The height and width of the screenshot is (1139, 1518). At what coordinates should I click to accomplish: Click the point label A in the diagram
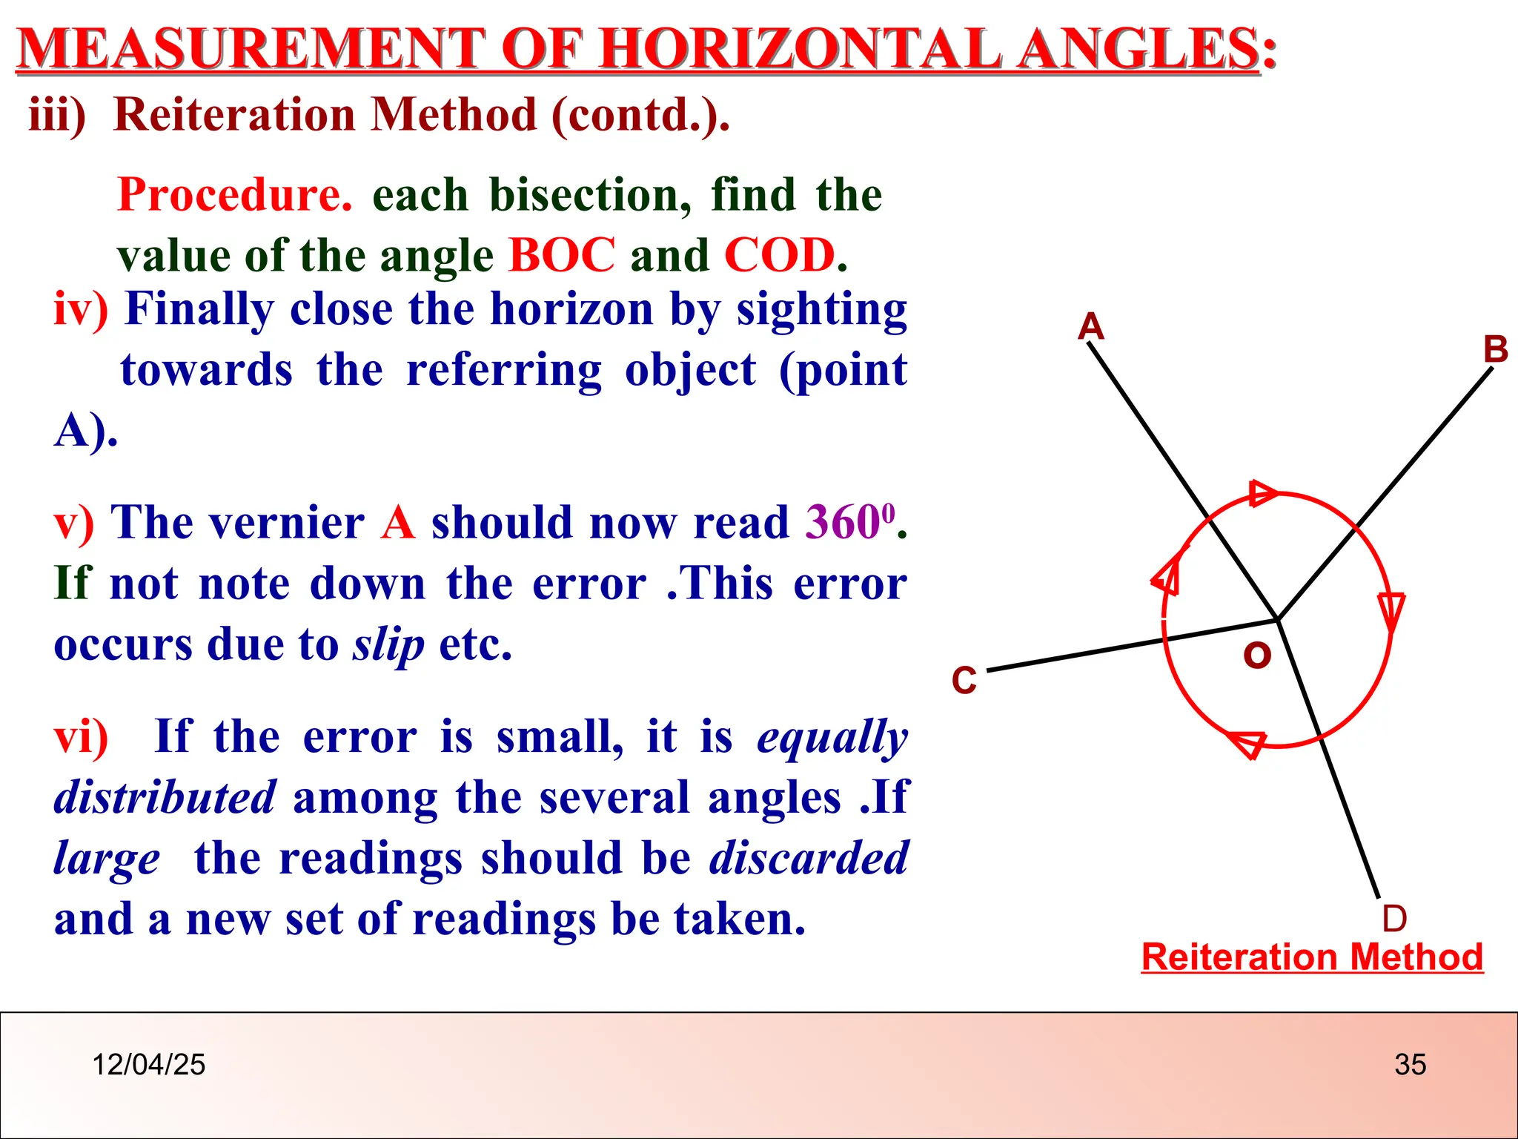(1090, 326)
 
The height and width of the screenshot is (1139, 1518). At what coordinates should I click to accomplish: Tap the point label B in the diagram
(1495, 349)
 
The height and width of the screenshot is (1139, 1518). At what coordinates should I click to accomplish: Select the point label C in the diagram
(964, 680)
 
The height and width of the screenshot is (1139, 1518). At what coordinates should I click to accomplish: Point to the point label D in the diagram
(1394, 919)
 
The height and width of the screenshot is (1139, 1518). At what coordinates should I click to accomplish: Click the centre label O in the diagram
(1257, 656)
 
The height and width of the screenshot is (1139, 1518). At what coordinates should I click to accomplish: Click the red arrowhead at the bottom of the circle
(1247, 744)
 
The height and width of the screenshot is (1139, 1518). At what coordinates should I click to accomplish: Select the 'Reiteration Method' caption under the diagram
(1312, 957)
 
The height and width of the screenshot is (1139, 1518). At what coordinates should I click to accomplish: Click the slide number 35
(1410, 1064)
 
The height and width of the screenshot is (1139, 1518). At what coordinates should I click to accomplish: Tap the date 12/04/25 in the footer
(148, 1064)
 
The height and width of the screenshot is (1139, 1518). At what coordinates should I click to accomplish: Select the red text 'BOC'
(562, 255)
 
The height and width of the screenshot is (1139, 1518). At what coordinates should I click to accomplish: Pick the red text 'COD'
(780, 255)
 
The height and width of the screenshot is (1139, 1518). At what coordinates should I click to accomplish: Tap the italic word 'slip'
(388, 644)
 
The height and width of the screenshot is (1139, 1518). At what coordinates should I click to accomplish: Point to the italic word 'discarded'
(809, 858)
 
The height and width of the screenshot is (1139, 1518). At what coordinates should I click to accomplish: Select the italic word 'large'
(107, 859)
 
